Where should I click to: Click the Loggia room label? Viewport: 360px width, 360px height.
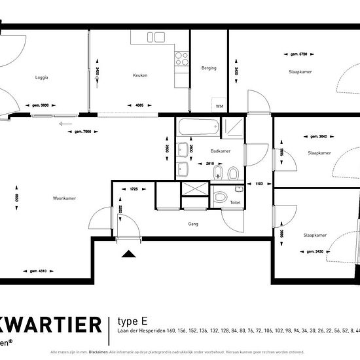pos(42,78)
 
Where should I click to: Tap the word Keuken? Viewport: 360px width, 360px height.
pos(139,75)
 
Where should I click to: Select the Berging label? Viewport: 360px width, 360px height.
pos(209,67)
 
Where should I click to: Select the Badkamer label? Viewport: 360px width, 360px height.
pos(221,151)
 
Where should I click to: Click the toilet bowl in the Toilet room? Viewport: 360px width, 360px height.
pos(221,196)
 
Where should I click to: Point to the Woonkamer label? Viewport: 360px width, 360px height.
pos(65,198)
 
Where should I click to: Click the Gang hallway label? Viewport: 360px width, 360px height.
pos(192,223)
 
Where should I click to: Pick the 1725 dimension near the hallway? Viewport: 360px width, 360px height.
pos(133,189)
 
